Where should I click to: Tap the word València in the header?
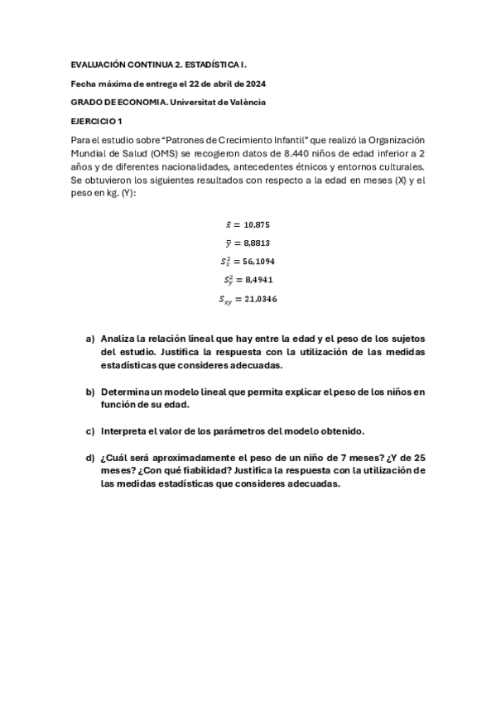click(x=247, y=102)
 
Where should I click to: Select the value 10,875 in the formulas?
click(x=258, y=224)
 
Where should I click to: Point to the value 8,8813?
click(x=257, y=243)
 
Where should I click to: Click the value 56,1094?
click(x=259, y=262)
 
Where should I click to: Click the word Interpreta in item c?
click(x=126, y=430)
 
